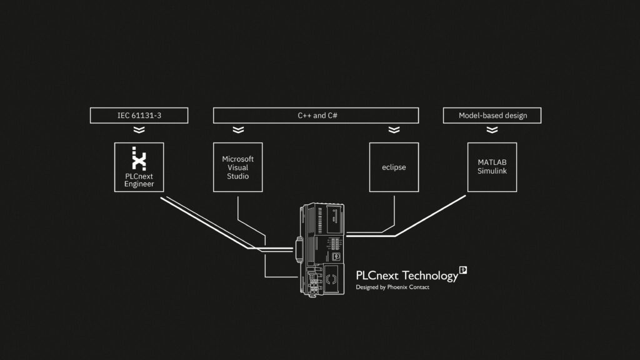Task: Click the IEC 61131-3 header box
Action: pyautogui.click(x=139, y=116)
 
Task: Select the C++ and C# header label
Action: pyautogui.click(x=316, y=116)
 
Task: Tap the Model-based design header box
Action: pyautogui.click(x=492, y=116)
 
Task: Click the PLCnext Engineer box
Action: pyautogui.click(x=139, y=167)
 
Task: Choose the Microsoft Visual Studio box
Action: pyautogui.click(x=237, y=167)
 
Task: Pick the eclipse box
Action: pyautogui.click(x=394, y=167)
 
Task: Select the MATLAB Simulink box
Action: pyautogui.click(x=492, y=167)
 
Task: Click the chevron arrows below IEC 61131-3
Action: pyautogui.click(x=139, y=130)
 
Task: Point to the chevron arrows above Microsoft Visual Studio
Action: pyautogui.click(x=237, y=130)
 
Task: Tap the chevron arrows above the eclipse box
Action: pyautogui.click(x=394, y=130)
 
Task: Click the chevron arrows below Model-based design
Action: pyautogui.click(x=492, y=130)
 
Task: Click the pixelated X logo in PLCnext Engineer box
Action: pyautogui.click(x=139, y=159)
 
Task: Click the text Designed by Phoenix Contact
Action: pyautogui.click(x=392, y=287)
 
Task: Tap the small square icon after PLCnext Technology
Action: pyautogui.click(x=463, y=270)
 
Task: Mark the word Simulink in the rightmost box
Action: pyautogui.click(x=492, y=171)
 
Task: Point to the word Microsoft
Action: pyautogui.click(x=237, y=159)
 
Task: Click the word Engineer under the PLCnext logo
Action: pyautogui.click(x=139, y=184)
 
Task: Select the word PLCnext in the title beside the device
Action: pyautogui.click(x=377, y=276)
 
